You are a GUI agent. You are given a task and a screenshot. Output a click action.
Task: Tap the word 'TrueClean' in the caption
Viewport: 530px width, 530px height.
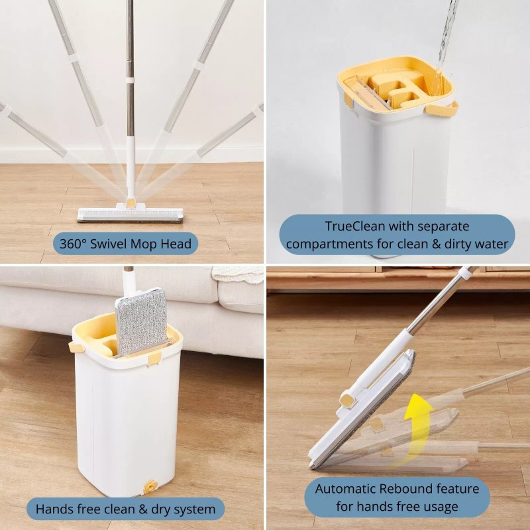(x=353, y=227)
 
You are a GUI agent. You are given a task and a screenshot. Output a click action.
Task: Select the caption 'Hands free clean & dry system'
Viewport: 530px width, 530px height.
(x=125, y=509)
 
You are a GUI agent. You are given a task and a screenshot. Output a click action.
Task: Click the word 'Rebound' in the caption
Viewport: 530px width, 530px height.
(x=421, y=490)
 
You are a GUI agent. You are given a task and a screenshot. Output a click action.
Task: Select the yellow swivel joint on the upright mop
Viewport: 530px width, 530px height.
(x=132, y=203)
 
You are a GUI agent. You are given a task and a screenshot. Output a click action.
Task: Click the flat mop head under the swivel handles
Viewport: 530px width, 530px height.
(x=130, y=215)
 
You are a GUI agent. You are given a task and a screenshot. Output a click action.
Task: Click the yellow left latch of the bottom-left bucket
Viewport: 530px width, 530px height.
(x=76, y=346)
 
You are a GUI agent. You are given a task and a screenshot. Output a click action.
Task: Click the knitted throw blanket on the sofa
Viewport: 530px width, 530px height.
(x=238, y=274)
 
